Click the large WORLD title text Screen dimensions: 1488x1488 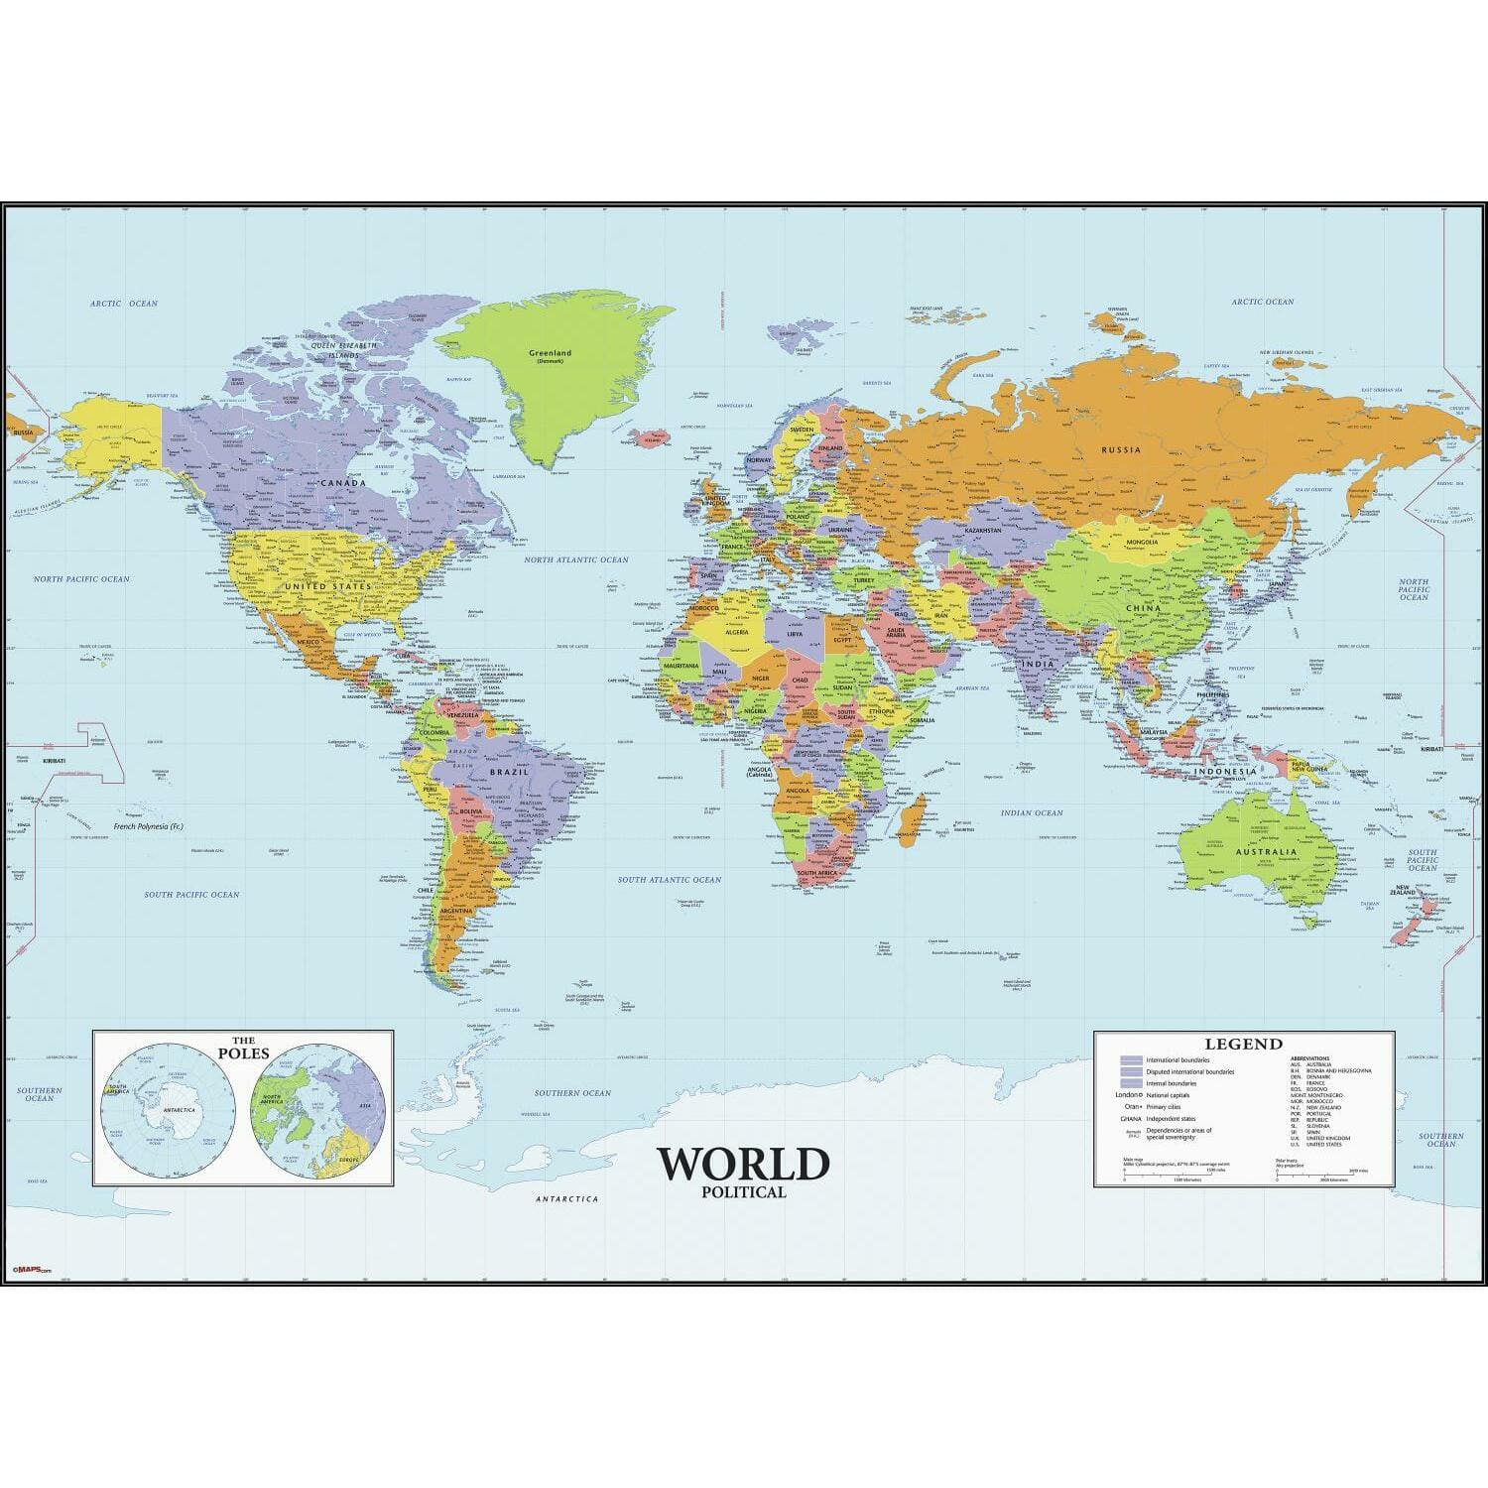(743, 1164)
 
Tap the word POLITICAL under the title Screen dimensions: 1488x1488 (743, 1192)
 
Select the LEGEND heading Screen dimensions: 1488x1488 (1243, 1044)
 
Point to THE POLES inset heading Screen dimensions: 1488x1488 (243, 1048)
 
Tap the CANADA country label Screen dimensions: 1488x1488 (344, 483)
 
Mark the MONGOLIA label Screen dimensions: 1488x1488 (1141, 543)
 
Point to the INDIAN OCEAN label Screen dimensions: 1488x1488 (1032, 813)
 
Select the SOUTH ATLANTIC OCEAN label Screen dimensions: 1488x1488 (670, 880)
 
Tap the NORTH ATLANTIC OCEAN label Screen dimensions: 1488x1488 (576, 560)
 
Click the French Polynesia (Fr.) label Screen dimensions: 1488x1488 (148, 825)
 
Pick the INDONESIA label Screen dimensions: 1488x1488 (1224, 771)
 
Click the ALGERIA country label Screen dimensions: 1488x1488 (737, 632)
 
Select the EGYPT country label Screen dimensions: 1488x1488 (842, 640)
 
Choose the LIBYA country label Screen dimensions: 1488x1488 (795, 633)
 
